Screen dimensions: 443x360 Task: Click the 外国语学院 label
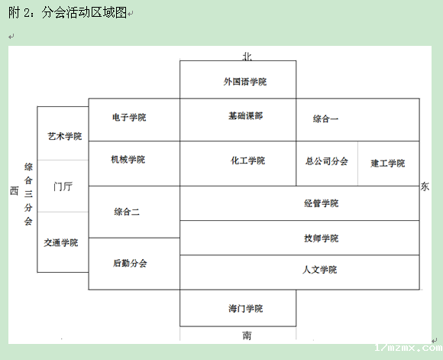click(245, 82)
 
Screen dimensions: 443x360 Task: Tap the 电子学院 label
click(129, 117)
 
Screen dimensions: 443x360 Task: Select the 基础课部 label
click(245, 115)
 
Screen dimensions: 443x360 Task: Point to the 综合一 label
click(325, 118)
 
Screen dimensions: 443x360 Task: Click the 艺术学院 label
click(65, 136)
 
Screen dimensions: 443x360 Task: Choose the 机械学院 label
click(128, 160)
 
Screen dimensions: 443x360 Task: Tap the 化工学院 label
click(247, 161)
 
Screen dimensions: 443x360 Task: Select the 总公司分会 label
click(326, 161)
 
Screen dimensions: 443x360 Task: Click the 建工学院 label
click(388, 163)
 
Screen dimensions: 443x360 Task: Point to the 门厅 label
click(63, 186)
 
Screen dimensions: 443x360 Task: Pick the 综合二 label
click(127, 212)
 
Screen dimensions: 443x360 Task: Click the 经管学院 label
click(322, 203)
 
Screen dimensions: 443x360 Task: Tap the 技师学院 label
click(322, 238)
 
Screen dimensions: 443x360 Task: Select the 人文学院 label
click(319, 270)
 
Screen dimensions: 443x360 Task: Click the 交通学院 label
click(61, 242)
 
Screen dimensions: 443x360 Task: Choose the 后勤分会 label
click(130, 263)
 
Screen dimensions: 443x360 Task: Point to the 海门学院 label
click(245, 308)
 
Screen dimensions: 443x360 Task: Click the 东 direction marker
click(425, 186)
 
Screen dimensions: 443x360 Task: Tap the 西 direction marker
click(15, 190)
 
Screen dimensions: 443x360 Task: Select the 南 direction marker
click(247, 336)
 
